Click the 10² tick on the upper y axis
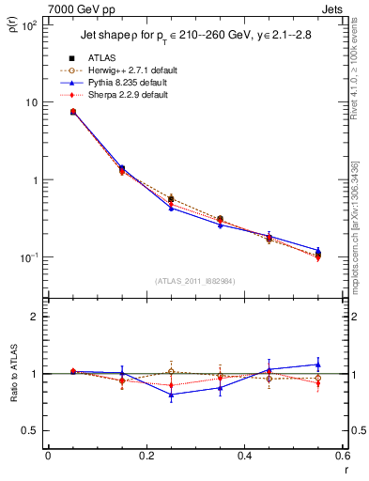31,25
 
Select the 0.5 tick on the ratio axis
33,430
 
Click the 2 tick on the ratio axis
37,317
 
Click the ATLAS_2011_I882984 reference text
195,280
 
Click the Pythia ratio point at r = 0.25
171,395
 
